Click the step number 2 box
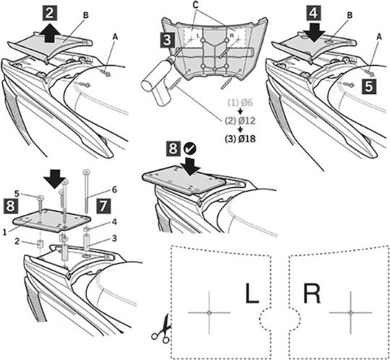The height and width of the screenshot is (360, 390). click(x=50, y=13)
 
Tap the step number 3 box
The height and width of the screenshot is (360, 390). click(x=167, y=40)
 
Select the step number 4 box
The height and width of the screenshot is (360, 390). click(x=313, y=13)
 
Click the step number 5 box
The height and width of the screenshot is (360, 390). click(x=368, y=87)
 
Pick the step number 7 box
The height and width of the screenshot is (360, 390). click(x=103, y=205)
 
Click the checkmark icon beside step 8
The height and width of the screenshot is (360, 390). click(x=190, y=149)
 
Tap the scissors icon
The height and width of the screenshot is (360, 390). click(x=161, y=329)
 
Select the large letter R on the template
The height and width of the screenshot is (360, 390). click(x=312, y=293)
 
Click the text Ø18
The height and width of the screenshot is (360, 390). click(x=247, y=139)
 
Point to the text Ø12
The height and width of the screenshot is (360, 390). click(x=247, y=121)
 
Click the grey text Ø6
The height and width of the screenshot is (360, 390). click(x=247, y=103)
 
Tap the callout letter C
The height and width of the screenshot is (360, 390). click(x=196, y=5)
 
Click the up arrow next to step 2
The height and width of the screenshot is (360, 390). click(x=51, y=33)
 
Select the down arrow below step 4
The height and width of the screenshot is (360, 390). click(x=314, y=33)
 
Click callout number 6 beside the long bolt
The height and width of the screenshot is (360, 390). click(x=114, y=189)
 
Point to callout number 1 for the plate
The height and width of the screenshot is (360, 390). click(x=4, y=233)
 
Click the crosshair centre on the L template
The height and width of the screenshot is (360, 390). click(x=209, y=312)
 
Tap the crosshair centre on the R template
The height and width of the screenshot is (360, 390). click(x=350, y=312)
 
